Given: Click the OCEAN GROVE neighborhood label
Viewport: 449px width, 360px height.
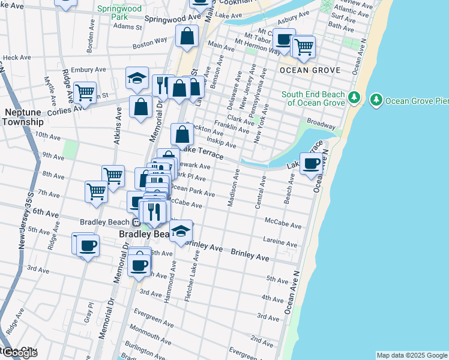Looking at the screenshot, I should (x=310, y=70).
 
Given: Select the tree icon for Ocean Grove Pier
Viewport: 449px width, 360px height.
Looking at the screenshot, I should (x=376, y=99).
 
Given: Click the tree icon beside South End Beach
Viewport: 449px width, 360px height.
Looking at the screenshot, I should (x=354, y=97).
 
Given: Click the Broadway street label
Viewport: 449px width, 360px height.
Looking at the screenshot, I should (x=321, y=124).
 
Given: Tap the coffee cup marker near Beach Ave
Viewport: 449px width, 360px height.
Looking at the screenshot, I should (x=311, y=164).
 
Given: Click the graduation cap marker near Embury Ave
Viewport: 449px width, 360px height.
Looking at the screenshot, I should (x=137, y=77).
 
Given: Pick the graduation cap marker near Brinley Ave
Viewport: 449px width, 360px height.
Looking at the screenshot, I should (x=180, y=231).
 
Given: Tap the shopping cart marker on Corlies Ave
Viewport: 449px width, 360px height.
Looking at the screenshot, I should (x=85, y=92).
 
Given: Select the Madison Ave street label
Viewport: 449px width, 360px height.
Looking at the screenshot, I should (x=234, y=188).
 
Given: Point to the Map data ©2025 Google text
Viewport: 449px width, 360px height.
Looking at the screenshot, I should (x=411, y=355).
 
